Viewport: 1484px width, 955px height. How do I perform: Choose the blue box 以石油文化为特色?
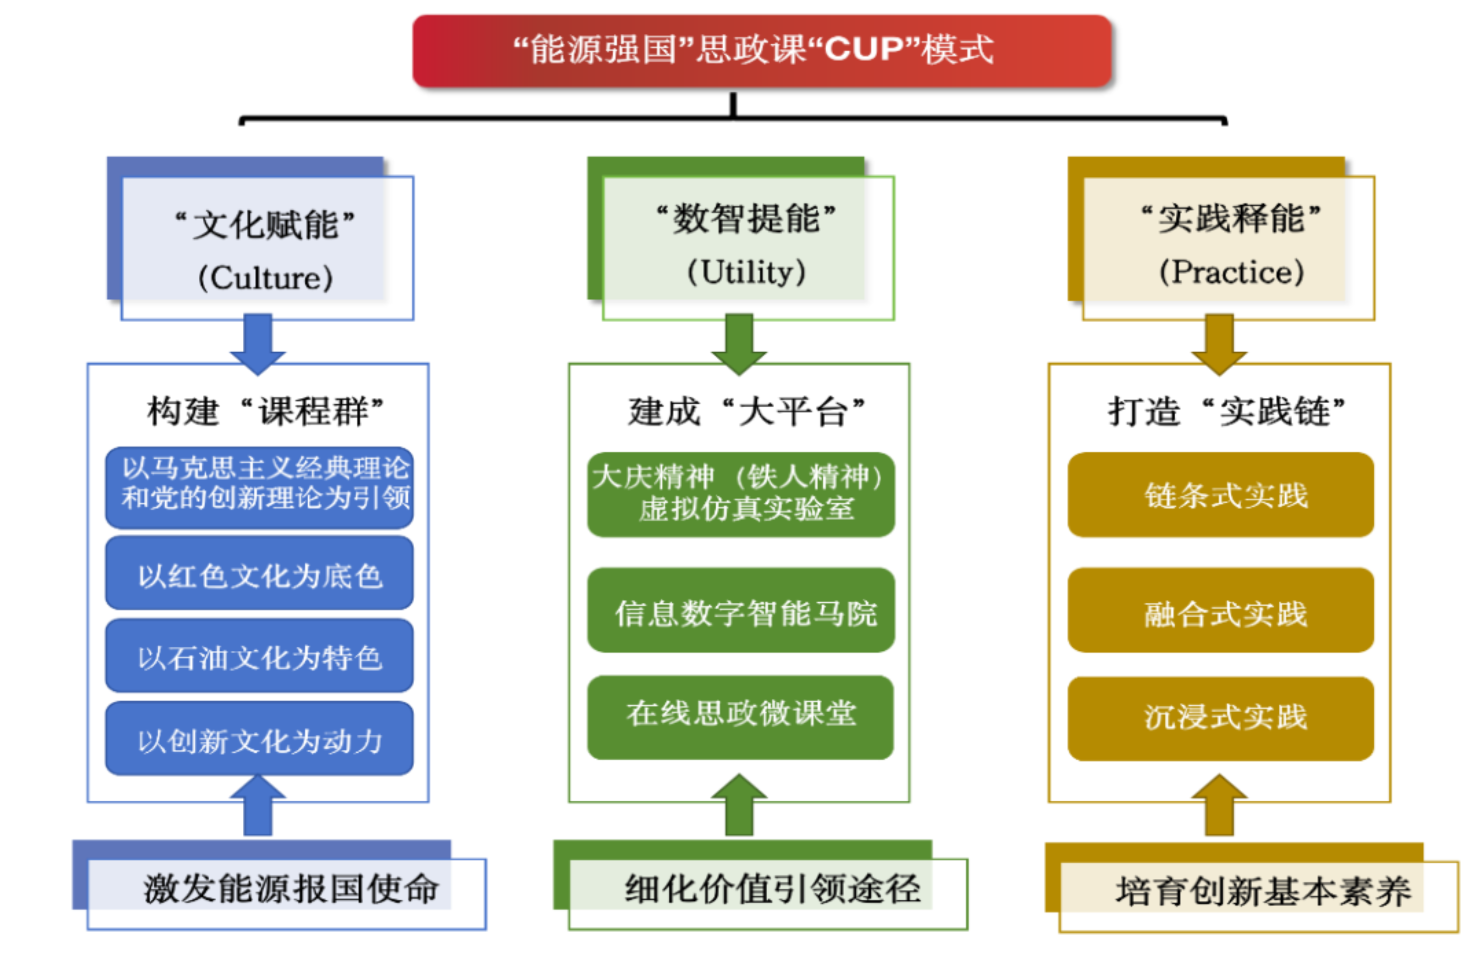point(259,657)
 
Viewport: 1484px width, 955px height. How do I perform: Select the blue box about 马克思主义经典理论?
point(259,487)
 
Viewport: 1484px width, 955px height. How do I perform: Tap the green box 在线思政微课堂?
point(740,716)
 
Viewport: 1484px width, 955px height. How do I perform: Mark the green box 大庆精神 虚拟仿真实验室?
point(740,494)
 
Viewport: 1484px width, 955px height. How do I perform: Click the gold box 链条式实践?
point(1220,494)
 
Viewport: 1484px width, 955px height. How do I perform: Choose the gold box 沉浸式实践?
point(1220,718)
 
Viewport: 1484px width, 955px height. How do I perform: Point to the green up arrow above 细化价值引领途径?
point(739,805)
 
